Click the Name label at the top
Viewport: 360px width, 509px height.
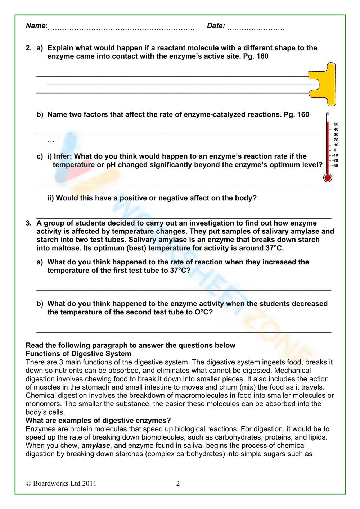tap(36, 26)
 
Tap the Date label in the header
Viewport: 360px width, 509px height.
tap(216, 26)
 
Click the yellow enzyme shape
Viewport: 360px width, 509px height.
tap(326, 85)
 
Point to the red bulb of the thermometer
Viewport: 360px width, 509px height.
tap(328, 177)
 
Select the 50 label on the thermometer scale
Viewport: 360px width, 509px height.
tap(336, 124)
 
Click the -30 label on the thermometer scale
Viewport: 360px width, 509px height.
tap(335, 166)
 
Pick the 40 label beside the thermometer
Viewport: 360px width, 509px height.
tap(336, 129)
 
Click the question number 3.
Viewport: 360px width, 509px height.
tap(28, 223)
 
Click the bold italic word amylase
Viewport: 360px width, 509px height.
tap(96, 445)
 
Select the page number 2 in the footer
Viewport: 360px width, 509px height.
tap(178, 483)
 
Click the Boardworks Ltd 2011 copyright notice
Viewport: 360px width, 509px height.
tap(61, 483)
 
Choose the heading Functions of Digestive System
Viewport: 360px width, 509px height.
tap(78, 354)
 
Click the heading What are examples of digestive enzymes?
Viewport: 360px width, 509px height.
tap(98, 421)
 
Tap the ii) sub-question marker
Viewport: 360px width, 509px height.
tap(51, 198)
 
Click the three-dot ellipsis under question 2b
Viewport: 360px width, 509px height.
tap(51, 141)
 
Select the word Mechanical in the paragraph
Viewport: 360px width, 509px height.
tap(292, 370)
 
